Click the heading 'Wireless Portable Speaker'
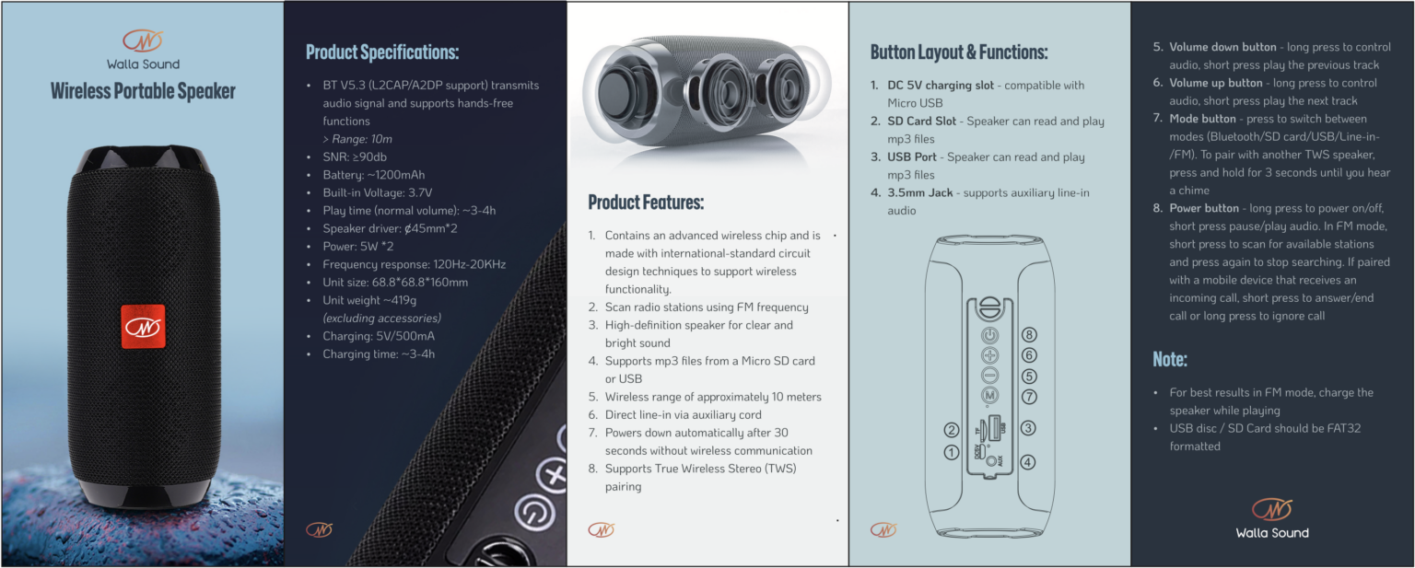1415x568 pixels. point(143,91)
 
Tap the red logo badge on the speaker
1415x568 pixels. point(143,327)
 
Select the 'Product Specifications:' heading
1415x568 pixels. point(381,52)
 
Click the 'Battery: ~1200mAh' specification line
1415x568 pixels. point(373,175)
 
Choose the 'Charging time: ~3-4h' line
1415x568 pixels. point(378,354)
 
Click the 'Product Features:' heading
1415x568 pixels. point(646,202)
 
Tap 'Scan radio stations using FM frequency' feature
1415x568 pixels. point(707,307)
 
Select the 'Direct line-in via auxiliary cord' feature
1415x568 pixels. point(683,415)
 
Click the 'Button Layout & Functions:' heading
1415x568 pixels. point(958,52)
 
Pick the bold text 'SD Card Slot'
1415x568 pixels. point(921,122)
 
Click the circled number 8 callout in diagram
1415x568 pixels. point(1029,335)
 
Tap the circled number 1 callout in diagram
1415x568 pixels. point(952,452)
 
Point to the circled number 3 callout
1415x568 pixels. point(1029,428)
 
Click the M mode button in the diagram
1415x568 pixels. point(989,396)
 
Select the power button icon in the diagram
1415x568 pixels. point(989,335)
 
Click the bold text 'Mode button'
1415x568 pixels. point(1202,119)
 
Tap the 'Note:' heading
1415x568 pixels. point(1170,358)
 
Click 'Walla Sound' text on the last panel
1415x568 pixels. point(1271,532)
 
